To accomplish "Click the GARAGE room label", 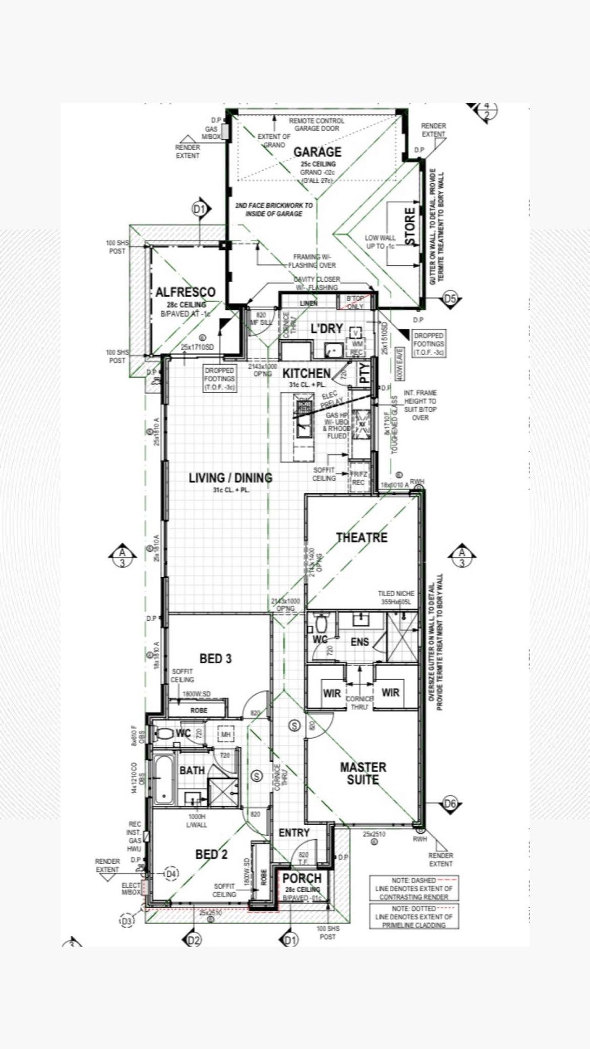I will (x=317, y=152).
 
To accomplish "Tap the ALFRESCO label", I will (x=185, y=292).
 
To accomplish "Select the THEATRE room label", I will (x=362, y=537).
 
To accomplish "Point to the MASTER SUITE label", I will (x=363, y=773).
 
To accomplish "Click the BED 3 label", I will (x=215, y=659).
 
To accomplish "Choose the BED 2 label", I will (x=212, y=854).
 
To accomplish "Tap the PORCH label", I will (x=302, y=879).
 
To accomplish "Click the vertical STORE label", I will (x=410, y=226).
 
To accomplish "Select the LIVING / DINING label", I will (x=230, y=478).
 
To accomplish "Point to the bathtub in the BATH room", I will (x=163, y=779).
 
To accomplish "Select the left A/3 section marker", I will (x=122, y=555).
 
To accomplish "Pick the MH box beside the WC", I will (x=226, y=735).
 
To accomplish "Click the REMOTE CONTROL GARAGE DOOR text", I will (x=317, y=124).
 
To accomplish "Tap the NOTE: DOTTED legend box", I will (x=414, y=916).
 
